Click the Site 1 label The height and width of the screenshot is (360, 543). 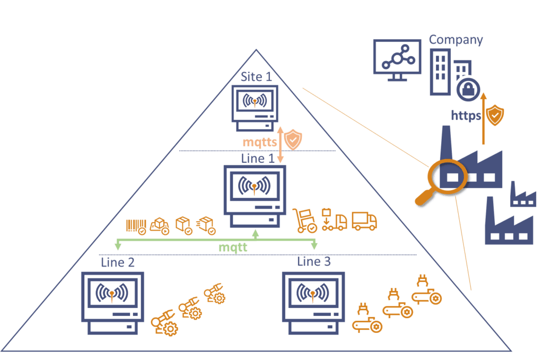pyautogui.click(x=256, y=76)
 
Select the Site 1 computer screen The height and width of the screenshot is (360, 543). pyautogui.click(x=256, y=101)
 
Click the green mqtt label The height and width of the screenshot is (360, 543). pyautogui.click(x=234, y=247)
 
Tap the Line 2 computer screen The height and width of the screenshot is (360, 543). pyautogui.click(x=112, y=293)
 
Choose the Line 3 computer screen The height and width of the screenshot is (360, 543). pyautogui.click(x=313, y=293)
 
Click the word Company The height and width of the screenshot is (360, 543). pyautogui.click(x=456, y=39)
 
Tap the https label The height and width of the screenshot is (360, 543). pyautogui.click(x=466, y=115)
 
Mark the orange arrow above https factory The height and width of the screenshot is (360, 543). pyautogui.click(x=483, y=119)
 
